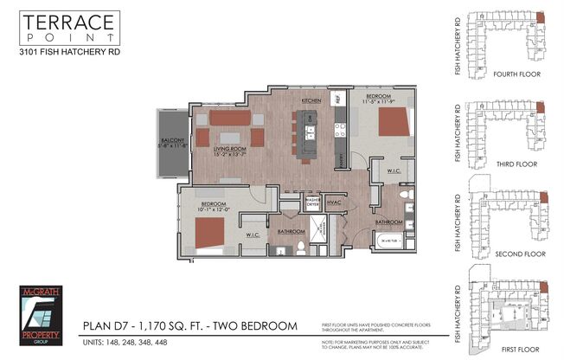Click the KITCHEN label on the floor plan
coord(311,101)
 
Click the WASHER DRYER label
coord(312,203)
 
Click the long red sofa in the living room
coord(228,118)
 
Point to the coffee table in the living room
coord(228,138)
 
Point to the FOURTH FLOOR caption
coord(510,74)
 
